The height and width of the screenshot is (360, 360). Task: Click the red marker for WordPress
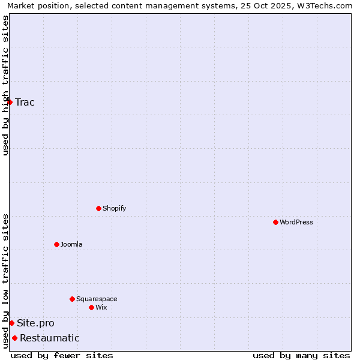[x=275, y=222]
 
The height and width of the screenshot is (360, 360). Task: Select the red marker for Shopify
[x=98, y=208]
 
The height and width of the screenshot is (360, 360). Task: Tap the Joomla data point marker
[x=56, y=244]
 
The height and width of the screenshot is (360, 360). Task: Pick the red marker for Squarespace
[x=72, y=299]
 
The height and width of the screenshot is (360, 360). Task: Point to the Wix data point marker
[x=91, y=307]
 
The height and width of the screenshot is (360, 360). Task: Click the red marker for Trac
[x=10, y=102]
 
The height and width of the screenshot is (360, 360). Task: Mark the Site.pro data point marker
[x=11, y=323]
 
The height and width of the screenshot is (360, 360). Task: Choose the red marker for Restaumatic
[x=14, y=338]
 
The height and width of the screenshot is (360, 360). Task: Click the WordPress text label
[x=296, y=222]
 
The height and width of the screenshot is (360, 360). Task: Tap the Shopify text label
[x=114, y=208]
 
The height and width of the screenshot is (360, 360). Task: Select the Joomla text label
[x=71, y=244]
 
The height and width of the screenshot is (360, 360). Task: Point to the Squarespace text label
[x=97, y=299]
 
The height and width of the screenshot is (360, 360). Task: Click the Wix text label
[x=101, y=307]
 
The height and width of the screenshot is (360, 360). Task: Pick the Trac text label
[x=25, y=102]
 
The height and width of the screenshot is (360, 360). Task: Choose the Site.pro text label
[x=35, y=323]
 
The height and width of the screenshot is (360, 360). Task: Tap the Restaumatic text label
[x=50, y=338]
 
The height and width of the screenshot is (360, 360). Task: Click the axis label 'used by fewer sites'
[x=62, y=355]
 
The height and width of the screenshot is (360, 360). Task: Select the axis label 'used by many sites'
[x=301, y=355]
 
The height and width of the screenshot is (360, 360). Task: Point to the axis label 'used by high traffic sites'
[x=5, y=85]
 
